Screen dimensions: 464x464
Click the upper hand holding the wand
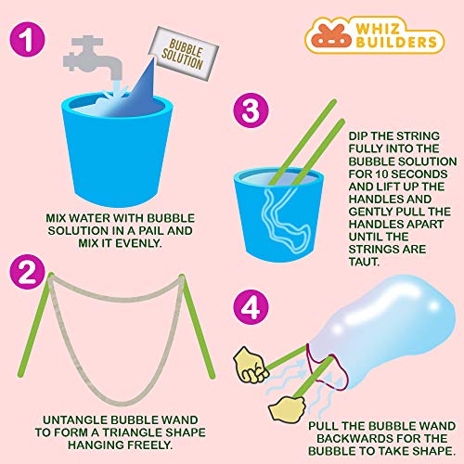point(252,363)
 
